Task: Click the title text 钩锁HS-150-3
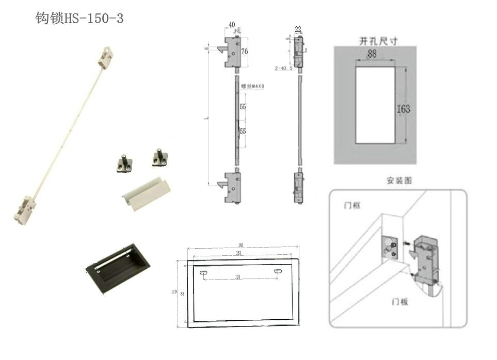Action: (x=79, y=19)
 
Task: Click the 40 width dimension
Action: (x=231, y=24)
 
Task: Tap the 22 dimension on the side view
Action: (x=298, y=29)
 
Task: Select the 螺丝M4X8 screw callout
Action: (x=252, y=87)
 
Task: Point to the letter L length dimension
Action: (x=206, y=119)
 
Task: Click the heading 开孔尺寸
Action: (x=378, y=41)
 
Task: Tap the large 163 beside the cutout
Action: (x=404, y=109)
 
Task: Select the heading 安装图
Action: (x=399, y=181)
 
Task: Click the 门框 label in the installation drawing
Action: (x=352, y=205)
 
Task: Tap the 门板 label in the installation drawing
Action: (x=400, y=301)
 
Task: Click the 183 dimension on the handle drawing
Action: (x=241, y=245)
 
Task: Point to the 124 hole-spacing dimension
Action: (x=237, y=277)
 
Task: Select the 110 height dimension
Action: (x=174, y=291)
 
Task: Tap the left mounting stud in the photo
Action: (x=123, y=162)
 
